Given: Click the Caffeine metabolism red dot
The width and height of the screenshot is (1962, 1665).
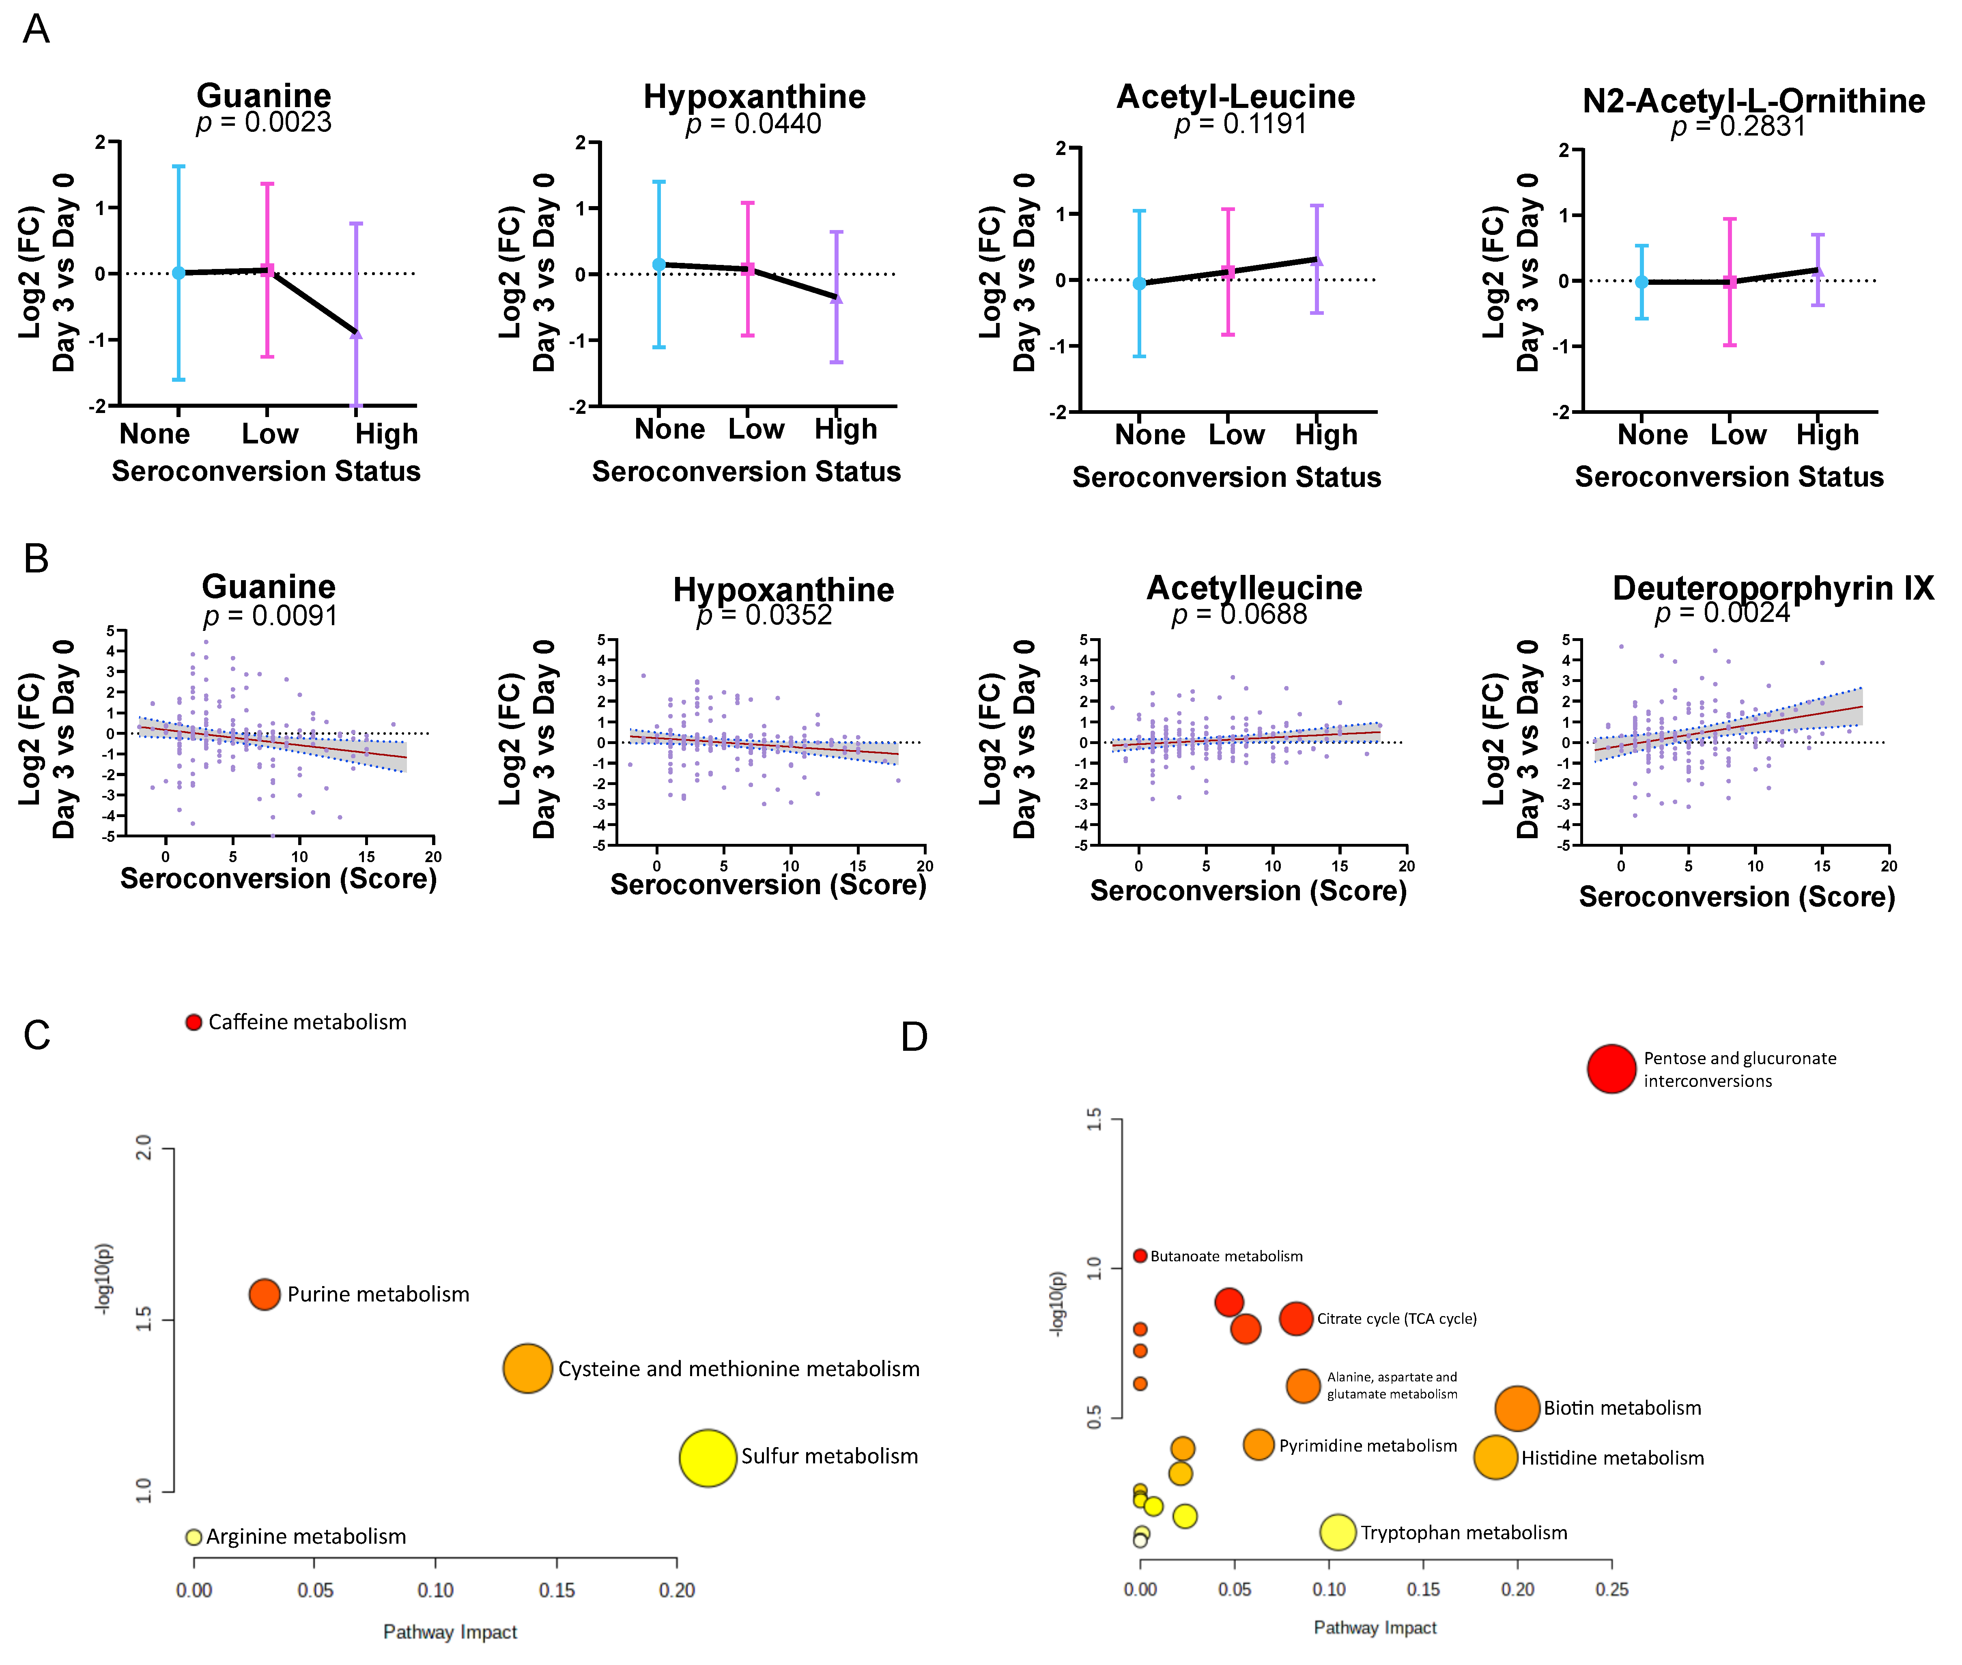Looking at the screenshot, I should pyautogui.click(x=194, y=1022).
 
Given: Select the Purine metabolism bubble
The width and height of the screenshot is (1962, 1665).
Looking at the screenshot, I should pyautogui.click(x=264, y=1294).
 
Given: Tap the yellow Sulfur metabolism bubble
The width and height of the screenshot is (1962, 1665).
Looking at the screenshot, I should pyautogui.click(x=707, y=1457).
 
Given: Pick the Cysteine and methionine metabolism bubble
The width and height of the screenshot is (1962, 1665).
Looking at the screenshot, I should pyautogui.click(x=527, y=1368).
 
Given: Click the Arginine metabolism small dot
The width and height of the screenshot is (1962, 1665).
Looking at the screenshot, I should pyautogui.click(x=194, y=1537).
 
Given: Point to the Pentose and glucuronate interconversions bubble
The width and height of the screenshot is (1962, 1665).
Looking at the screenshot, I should pyautogui.click(x=1611, y=1069).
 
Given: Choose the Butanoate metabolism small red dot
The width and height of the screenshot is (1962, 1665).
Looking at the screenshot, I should pyautogui.click(x=1140, y=1255).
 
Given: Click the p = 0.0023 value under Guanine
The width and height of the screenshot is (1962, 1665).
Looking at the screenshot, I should pyautogui.click(x=264, y=123).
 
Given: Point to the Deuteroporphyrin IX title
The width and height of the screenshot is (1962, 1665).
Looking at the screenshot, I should pyautogui.click(x=1772, y=588).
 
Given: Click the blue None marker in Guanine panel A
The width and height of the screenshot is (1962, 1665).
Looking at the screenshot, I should pyautogui.click(x=179, y=273).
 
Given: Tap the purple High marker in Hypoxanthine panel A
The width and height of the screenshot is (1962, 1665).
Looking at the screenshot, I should pyautogui.click(x=836, y=298).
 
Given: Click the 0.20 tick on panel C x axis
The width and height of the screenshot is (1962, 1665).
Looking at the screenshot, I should pyautogui.click(x=677, y=1590).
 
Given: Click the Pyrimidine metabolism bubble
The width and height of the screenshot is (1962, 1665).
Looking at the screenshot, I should pyautogui.click(x=1258, y=1444).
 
